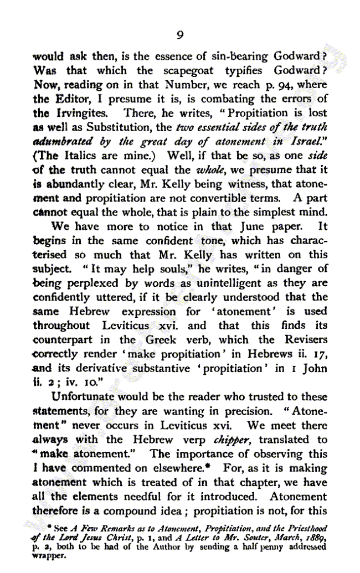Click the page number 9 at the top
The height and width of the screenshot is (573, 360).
(180, 35)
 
